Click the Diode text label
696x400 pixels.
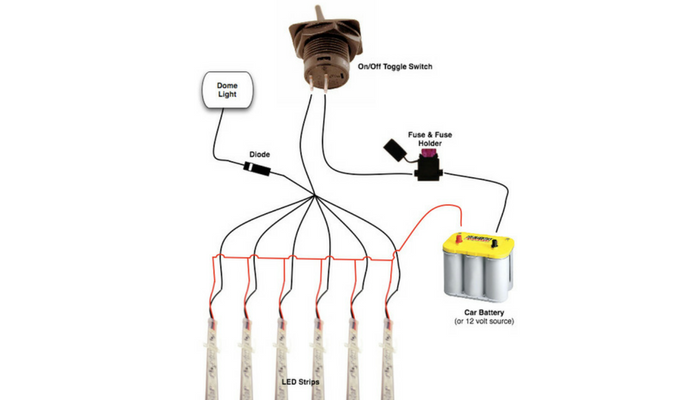tap(260, 155)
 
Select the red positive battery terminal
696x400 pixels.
tap(461, 238)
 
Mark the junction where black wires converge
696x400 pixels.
tap(314, 195)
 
